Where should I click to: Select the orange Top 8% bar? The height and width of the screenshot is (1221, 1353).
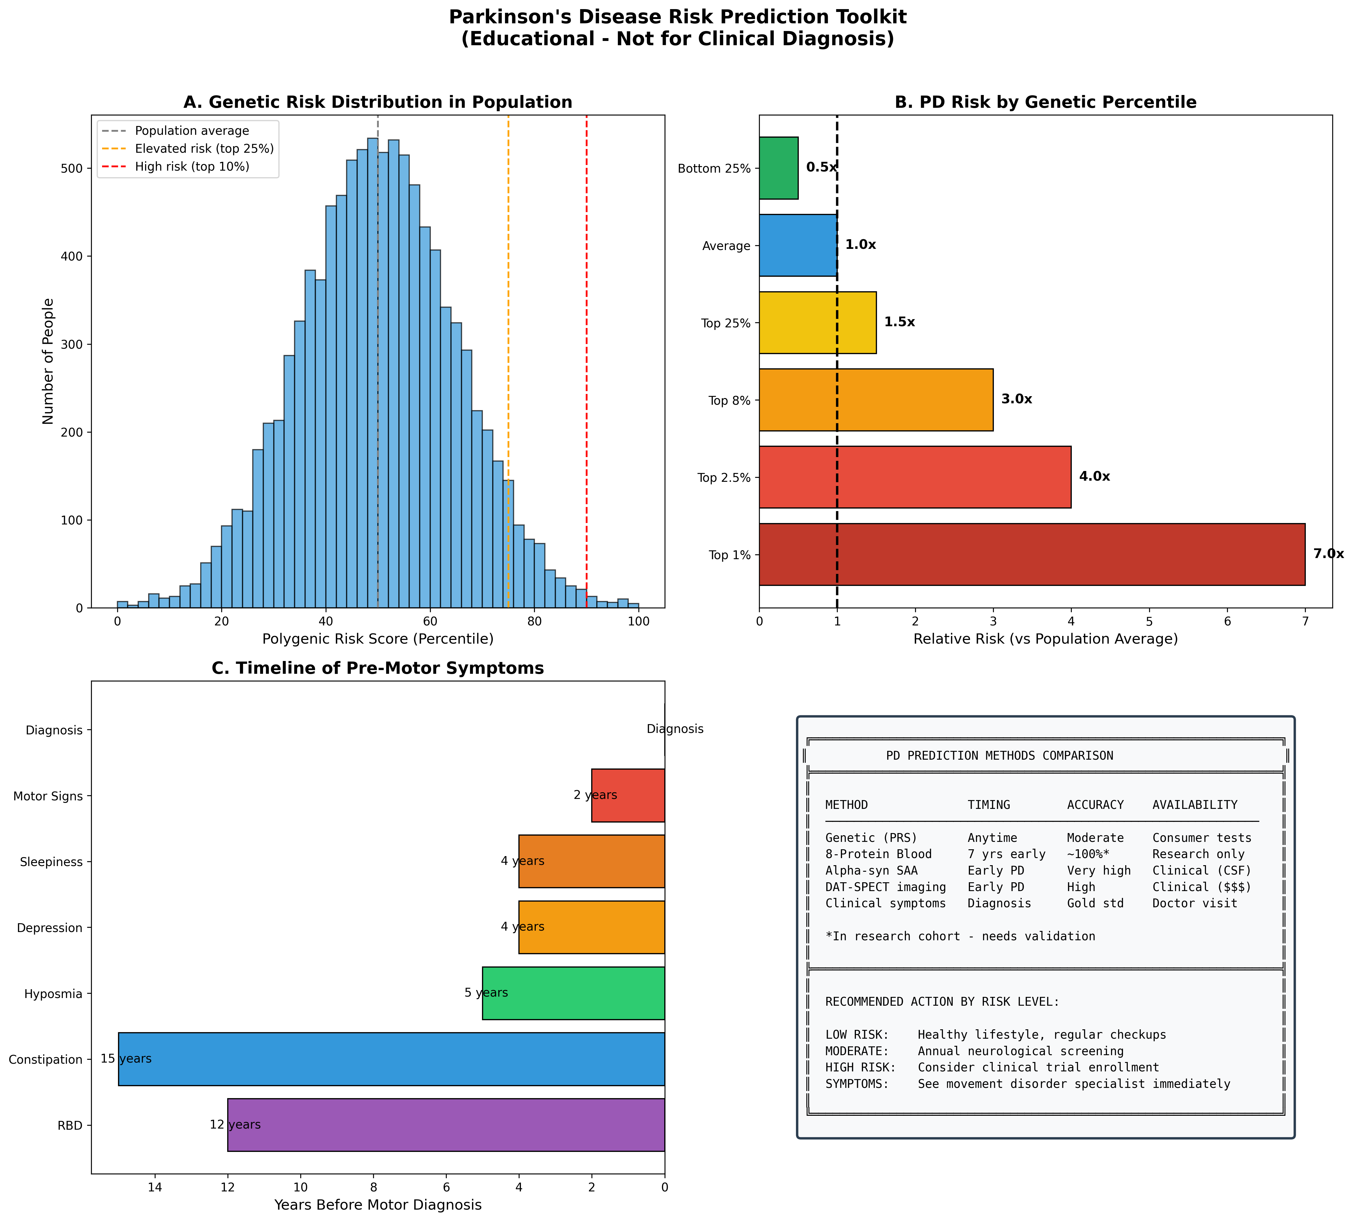tap(875, 400)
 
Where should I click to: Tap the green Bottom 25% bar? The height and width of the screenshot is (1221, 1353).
tap(778, 168)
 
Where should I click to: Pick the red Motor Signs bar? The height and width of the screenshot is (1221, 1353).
tap(628, 795)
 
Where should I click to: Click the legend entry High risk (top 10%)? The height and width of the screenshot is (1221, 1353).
tap(192, 166)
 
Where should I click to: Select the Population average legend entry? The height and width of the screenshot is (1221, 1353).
tap(192, 131)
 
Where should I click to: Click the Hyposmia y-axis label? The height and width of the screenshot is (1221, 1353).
tap(53, 993)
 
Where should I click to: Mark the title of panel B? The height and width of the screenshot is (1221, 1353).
tap(1045, 102)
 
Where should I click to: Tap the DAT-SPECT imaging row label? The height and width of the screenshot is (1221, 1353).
tap(885, 887)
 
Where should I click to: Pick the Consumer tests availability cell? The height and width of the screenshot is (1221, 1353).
tap(1201, 838)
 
